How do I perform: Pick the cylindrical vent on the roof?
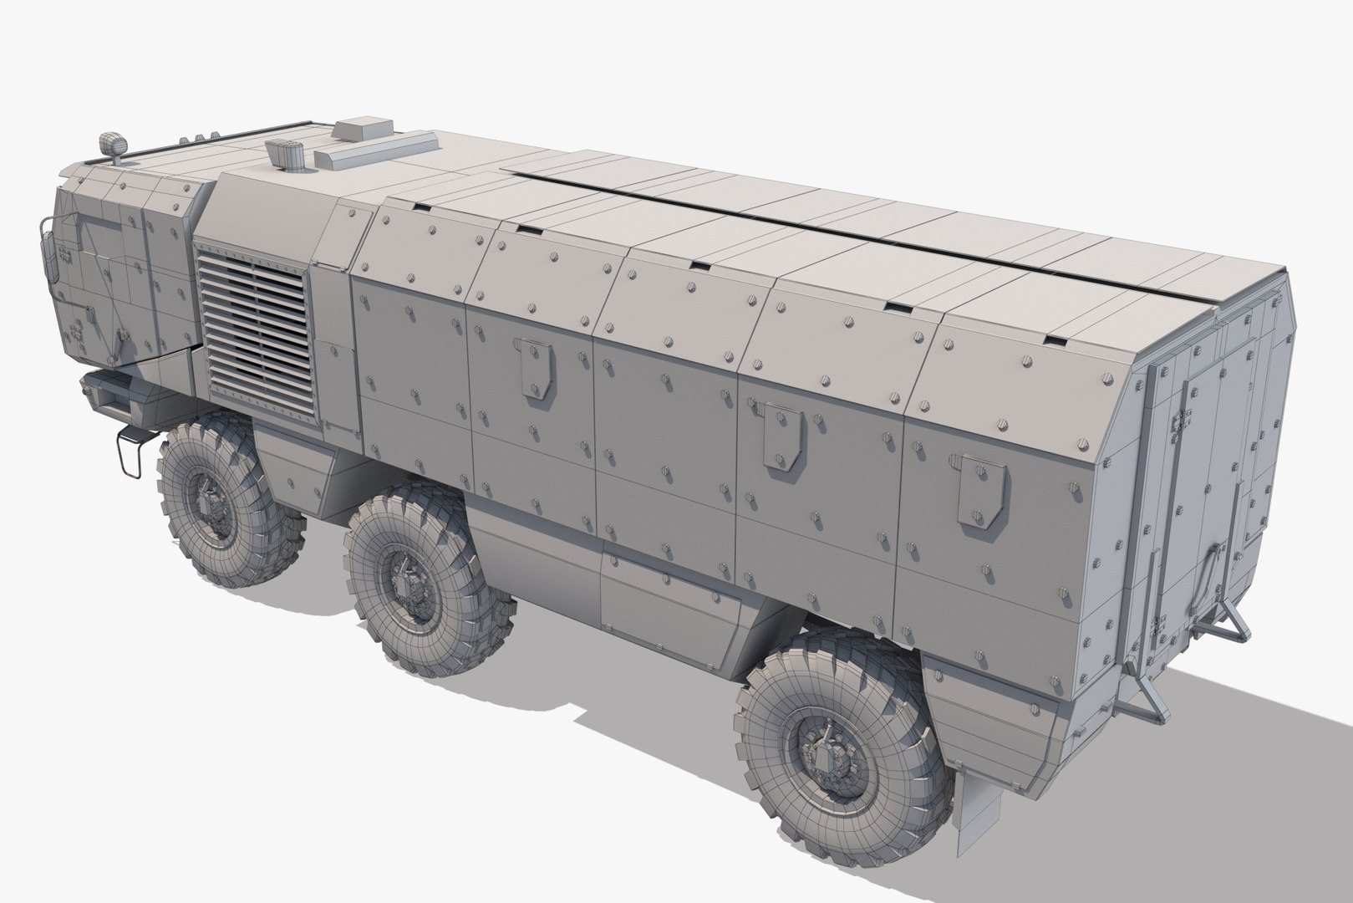tap(287, 152)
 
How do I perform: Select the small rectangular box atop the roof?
tap(364, 130)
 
